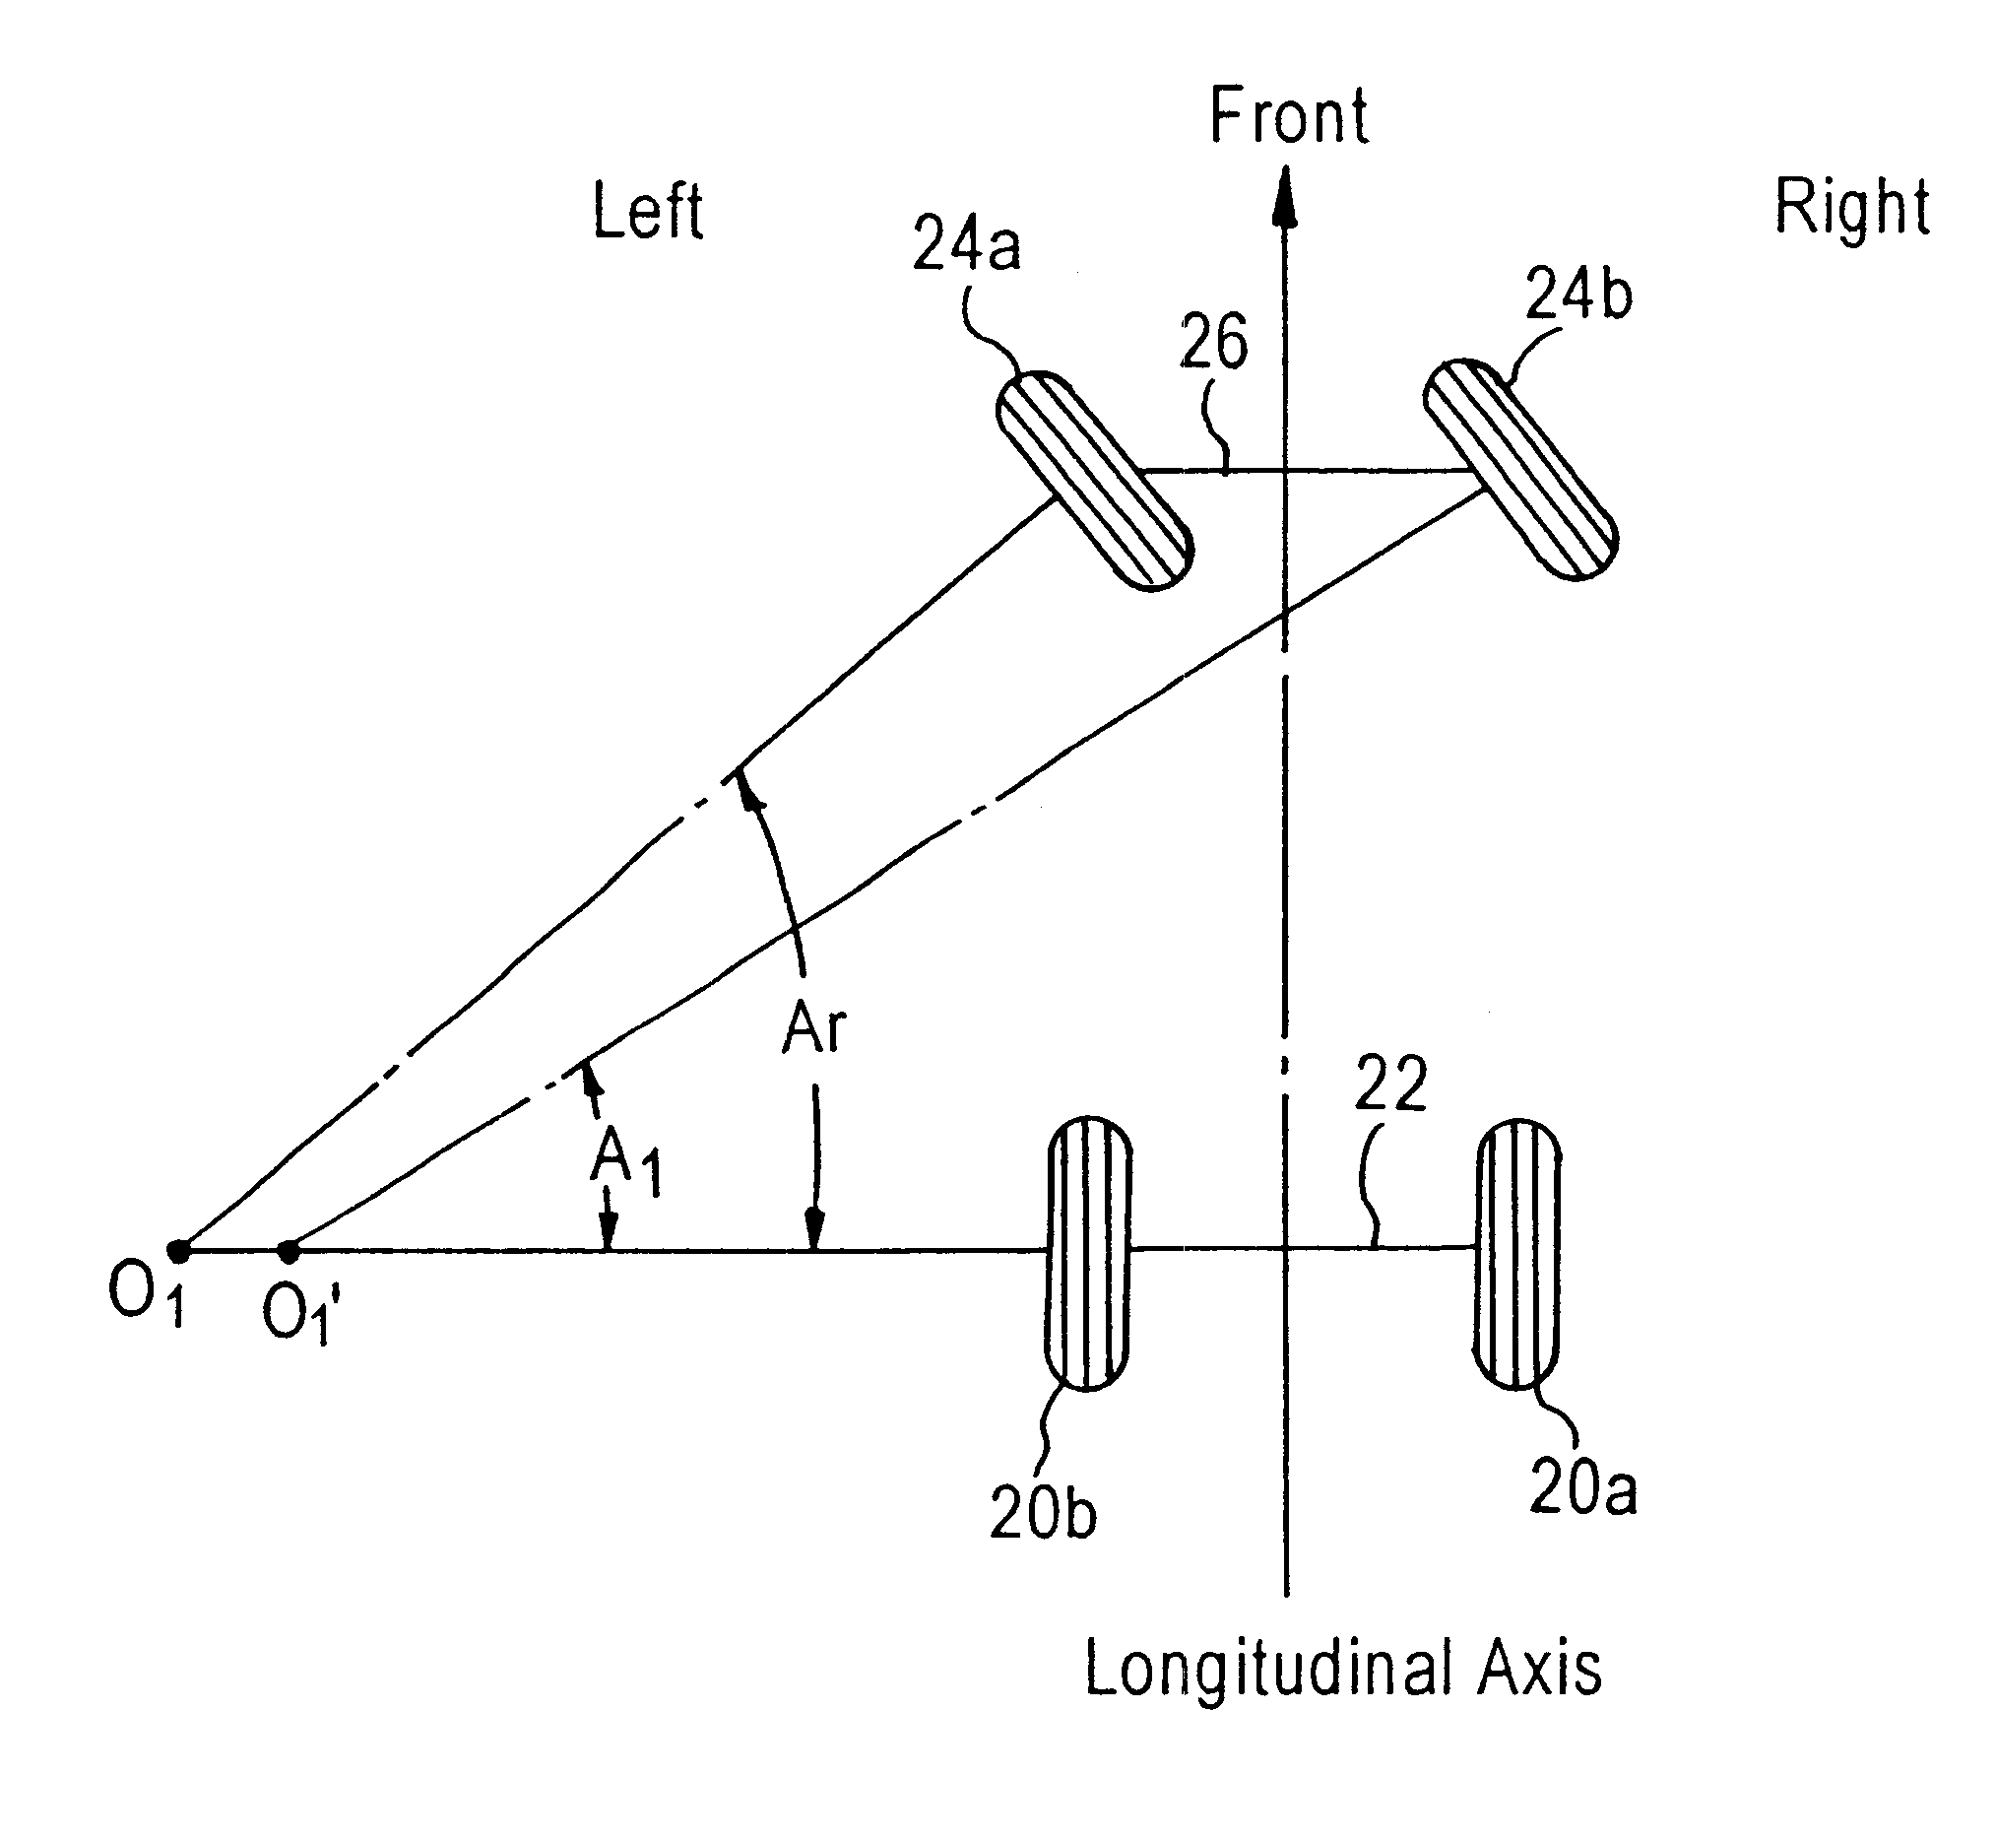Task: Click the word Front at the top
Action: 1288,117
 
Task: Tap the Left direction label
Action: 647,211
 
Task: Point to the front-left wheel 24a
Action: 1095,481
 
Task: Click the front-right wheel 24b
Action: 1520,469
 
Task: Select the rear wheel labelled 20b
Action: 1088,1252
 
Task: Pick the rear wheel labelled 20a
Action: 1516,1253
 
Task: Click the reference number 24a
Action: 966,245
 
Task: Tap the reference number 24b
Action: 1578,295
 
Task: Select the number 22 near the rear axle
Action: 1390,1083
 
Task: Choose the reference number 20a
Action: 1582,1488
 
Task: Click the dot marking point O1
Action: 178,1250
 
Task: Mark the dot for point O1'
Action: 288,1250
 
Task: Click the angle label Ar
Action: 813,1028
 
